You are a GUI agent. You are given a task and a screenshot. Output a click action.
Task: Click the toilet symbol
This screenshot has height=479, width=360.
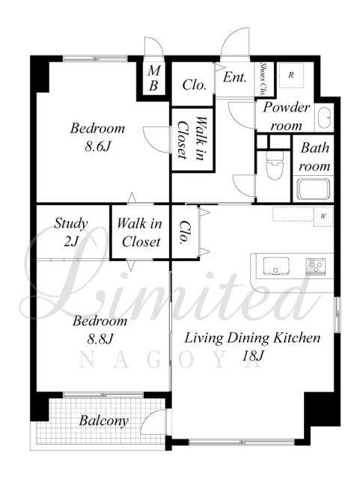(x=274, y=165)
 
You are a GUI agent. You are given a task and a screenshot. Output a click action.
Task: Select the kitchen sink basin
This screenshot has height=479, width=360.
(x=276, y=266)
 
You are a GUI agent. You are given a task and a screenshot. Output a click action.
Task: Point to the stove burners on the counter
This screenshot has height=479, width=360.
(x=316, y=266)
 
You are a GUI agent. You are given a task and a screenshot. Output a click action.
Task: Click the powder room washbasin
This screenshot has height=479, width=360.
(x=323, y=118)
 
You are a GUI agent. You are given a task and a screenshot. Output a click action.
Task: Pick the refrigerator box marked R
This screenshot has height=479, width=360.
(x=292, y=75)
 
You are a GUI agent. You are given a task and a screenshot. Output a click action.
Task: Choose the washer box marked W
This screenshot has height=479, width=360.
(x=323, y=216)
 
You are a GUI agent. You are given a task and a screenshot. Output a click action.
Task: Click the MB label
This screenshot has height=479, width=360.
(x=153, y=79)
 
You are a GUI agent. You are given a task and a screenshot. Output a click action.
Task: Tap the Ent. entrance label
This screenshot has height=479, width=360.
(x=234, y=77)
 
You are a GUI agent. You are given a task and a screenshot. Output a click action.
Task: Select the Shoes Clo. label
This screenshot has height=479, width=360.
(x=263, y=79)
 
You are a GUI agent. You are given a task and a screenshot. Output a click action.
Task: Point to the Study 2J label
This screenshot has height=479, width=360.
(x=71, y=232)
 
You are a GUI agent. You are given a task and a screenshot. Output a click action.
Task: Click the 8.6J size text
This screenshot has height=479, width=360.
(x=97, y=147)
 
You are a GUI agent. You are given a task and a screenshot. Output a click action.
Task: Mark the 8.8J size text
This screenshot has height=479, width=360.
(x=100, y=339)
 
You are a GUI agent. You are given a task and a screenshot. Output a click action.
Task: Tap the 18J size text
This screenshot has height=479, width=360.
(x=252, y=356)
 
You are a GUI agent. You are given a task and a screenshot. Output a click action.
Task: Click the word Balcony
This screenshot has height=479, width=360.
(x=103, y=421)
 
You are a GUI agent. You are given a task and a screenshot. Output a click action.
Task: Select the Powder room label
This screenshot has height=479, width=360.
(x=287, y=116)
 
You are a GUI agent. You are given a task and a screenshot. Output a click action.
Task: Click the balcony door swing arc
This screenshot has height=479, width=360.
(x=150, y=416)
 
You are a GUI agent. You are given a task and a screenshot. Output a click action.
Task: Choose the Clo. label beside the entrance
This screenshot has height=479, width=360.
(x=195, y=85)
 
